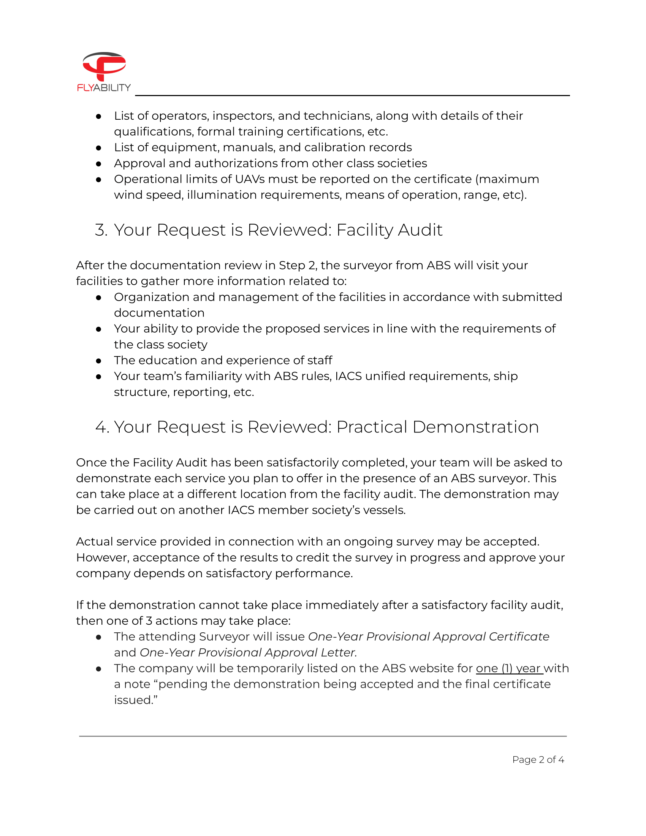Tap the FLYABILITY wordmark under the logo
coord(104,88)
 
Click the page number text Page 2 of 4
coord(538,760)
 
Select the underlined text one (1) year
coord(508,668)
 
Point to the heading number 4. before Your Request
coord(102,427)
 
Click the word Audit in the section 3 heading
coord(420,230)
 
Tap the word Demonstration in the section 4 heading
coord(476,427)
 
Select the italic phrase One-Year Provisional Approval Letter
coord(248,652)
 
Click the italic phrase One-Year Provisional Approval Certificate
coord(429,636)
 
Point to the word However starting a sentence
coord(101,557)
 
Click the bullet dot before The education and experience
coord(99,361)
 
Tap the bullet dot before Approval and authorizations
coord(99,163)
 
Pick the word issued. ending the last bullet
coord(136,700)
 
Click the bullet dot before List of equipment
coord(99,148)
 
